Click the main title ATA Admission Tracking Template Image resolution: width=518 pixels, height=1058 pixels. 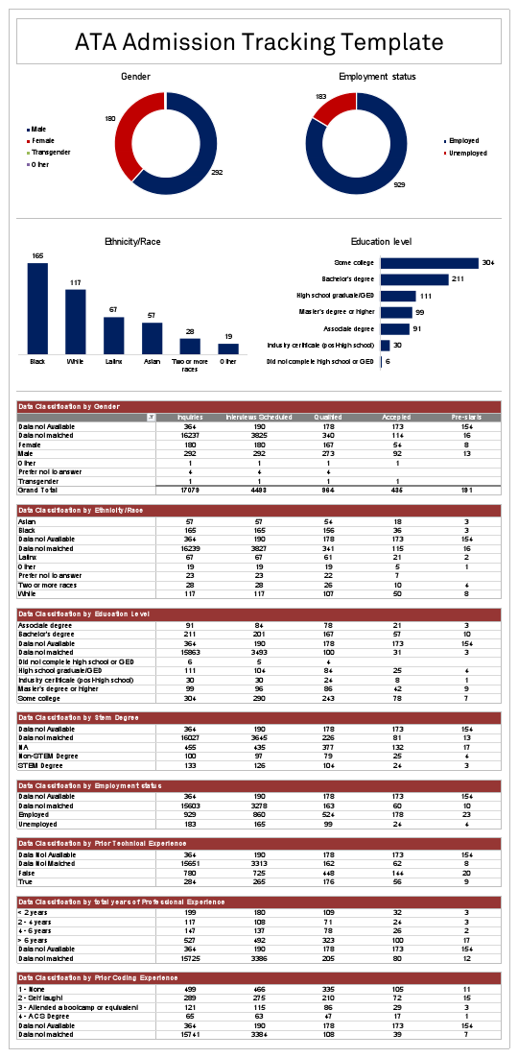point(259,42)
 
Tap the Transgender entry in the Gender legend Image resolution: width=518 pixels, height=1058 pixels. point(50,153)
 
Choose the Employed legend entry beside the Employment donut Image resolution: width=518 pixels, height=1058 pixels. point(463,141)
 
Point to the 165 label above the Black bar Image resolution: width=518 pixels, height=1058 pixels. point(37,256)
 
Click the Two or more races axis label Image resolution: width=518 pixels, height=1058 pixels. point(190,369)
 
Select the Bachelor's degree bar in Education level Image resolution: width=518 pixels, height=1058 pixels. point(414,279)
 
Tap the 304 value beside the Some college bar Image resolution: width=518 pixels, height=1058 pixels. point(487,263)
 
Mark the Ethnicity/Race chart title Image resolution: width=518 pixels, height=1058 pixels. point(132,242)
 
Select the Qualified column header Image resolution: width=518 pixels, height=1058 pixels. point(327,418)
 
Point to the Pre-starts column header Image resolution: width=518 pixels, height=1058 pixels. point(466,418)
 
